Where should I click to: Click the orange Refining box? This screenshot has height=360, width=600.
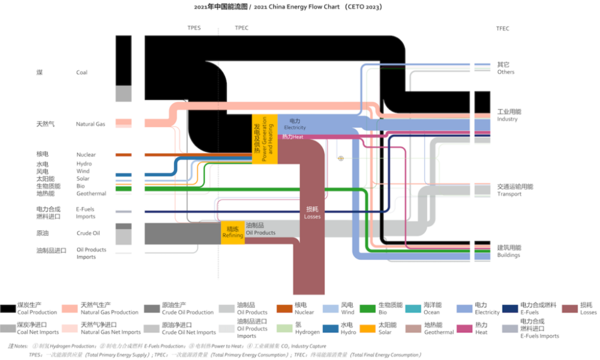pos(233,232)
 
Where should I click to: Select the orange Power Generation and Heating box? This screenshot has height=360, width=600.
pos(265,139)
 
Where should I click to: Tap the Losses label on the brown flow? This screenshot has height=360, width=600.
pos(313,213)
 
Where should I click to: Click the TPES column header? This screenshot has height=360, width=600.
pos(194,28)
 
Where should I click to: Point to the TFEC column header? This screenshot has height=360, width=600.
pos(503,29)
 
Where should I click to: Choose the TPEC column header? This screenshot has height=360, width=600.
pos(241,28)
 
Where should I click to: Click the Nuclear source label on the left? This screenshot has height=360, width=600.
pos(86,155)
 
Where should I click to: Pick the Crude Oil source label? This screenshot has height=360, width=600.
pos(88,233)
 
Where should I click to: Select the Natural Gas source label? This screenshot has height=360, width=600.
pos(90,124)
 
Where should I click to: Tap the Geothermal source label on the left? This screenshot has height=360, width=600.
pos(91,194)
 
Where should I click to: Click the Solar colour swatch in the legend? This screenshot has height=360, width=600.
pos(368,328)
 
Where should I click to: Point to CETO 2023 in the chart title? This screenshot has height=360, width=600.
pos(363,7)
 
